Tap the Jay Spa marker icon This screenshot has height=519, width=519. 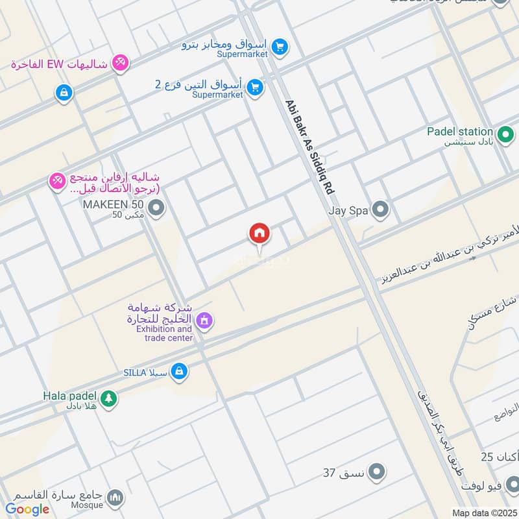coord(381,210)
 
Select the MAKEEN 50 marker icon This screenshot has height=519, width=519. coord(156,208)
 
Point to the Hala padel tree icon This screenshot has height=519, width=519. coord(108,398)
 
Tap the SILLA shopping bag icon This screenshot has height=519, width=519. coord(180,372)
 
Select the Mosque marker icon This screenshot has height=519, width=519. coord(115,498)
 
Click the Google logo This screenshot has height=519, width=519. coord(27,509)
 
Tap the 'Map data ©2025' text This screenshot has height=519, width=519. coord(484,513)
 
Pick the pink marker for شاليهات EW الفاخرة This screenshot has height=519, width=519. coord(119,63)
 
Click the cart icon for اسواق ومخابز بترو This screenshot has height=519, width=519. coord(280,46)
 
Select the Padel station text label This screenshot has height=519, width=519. coord(459,132)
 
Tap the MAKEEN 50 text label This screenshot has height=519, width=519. coord(113,204)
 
